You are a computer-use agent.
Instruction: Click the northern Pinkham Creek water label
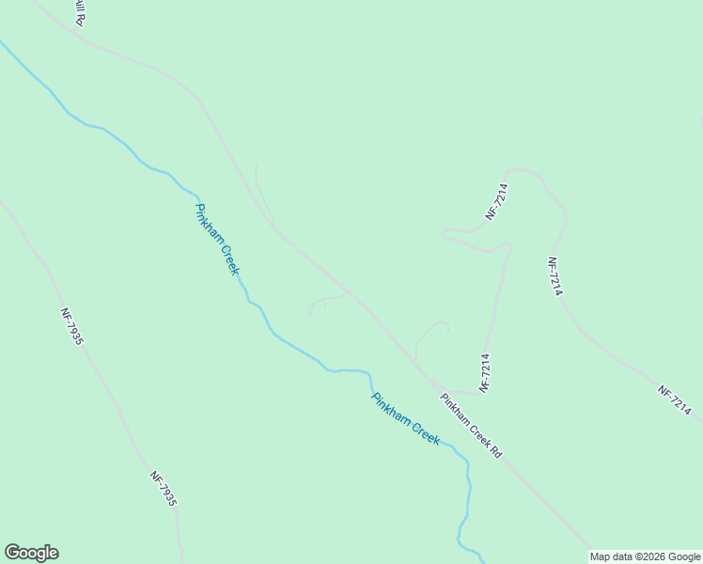[217, 239]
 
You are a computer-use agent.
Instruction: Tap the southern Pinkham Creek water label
[405, 419]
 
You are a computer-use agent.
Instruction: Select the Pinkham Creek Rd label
[471, 426]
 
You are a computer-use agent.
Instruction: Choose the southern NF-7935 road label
[163, 488]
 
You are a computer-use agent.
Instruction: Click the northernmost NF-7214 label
[497, 201]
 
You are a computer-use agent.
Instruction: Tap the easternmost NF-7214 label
[675, 401]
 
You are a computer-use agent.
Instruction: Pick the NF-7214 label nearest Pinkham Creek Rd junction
[485, 372]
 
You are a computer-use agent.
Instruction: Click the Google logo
[31, 553]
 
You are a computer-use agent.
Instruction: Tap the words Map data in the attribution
[611, 557]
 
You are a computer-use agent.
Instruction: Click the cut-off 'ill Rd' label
[79, 13]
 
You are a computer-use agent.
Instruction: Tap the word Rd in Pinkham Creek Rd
[494, 451]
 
